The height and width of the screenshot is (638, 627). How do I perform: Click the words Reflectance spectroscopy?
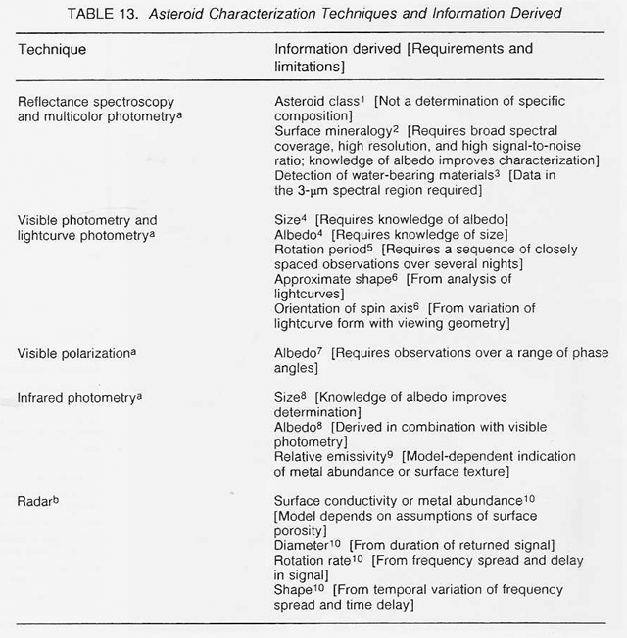[91, 102]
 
